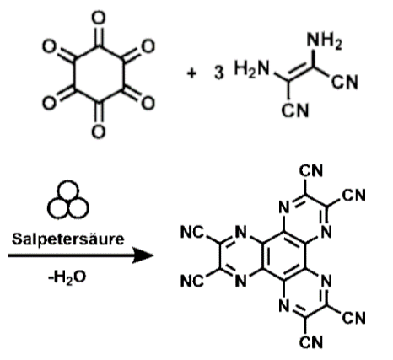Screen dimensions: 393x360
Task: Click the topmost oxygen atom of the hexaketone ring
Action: pos(99,18)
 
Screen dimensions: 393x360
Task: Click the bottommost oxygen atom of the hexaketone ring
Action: pos(99,132)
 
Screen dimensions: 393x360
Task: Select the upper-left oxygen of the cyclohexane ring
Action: pos(49,46)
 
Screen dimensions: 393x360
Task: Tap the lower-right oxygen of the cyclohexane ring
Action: pos(148,103)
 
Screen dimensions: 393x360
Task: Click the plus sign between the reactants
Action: pos(191,73)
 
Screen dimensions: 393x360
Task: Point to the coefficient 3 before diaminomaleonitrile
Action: pos(219,73)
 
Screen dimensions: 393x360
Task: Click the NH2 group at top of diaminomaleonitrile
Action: pos(325,40)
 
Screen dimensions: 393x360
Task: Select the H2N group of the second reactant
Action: pos(252,68)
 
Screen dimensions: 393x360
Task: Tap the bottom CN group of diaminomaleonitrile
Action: pos(295,110)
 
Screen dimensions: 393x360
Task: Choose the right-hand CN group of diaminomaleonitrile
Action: pos(345,82)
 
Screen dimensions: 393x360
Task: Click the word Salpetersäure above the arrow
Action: pos(67,239)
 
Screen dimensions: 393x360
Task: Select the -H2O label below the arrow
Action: pos(67,277)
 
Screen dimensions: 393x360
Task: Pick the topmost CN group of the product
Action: pos(311,171)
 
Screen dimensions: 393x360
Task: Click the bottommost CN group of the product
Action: pos(311,342)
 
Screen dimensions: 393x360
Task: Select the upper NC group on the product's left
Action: pos(192,233)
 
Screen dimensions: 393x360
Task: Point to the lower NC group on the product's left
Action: pos(192,281)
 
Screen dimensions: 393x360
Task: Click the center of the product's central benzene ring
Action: pos(284,256)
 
